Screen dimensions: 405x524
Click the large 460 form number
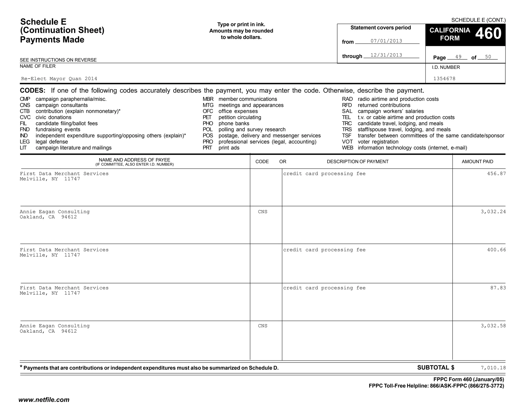[488, 34]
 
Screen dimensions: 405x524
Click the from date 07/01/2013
[386, 41]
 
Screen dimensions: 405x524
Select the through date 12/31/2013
[386, 55]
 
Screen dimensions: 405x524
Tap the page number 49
[458, 57]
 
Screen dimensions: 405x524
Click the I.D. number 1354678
[444, 79]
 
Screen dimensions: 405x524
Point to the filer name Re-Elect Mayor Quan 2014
[59, 79]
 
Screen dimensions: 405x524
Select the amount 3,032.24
[493, 212]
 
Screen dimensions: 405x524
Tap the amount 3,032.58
[493, 326]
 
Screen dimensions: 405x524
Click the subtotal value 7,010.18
[493, 368]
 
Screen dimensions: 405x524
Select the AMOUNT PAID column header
[477, 162]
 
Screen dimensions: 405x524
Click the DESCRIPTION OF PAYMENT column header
[357, 162]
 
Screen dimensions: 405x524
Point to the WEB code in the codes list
[347, 148]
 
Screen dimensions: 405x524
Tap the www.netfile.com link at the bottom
[44, 400]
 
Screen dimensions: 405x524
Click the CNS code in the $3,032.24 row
[263, 212]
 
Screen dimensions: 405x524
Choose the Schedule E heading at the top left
[43, 22]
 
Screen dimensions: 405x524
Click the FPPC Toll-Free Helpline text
[436, 386]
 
